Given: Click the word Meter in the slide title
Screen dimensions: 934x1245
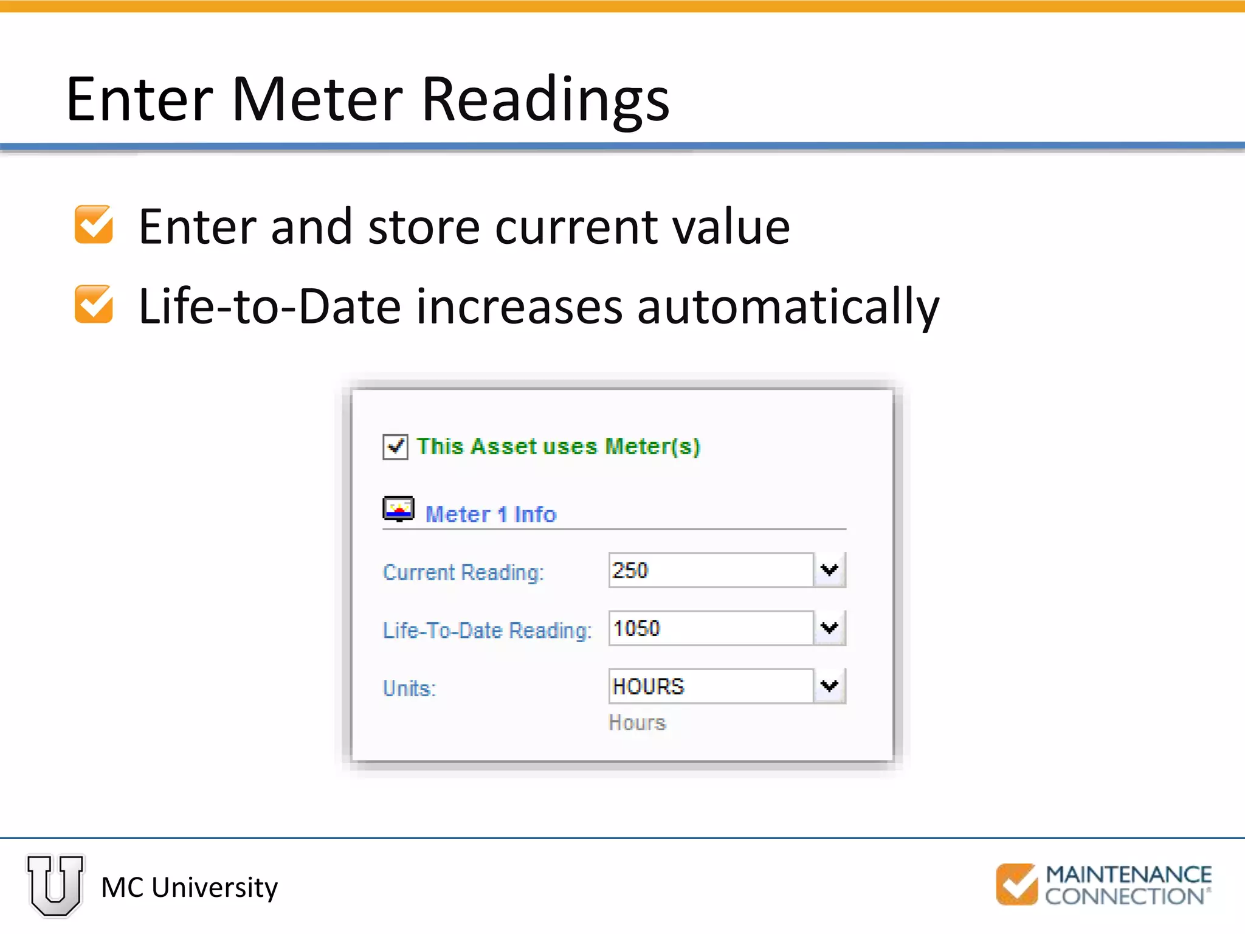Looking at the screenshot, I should pyautogui.click(x=317, y=99).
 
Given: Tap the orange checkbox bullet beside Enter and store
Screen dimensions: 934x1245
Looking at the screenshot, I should pyautogui.click(x=94, y=225).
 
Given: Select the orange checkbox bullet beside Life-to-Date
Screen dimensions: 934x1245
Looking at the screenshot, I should pyautogui.click(x=94, y=304).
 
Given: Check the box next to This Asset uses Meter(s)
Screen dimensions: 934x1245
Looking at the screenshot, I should pyautogui.click(x=395, y=447).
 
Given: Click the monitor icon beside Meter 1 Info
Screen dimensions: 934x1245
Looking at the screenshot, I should pyautogui.click(x=398, y=510).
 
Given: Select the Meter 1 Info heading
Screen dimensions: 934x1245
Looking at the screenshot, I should pyautogui.click(x=491, y=514).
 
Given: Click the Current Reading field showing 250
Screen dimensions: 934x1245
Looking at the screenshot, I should pyautogui.click(x=710, y=570).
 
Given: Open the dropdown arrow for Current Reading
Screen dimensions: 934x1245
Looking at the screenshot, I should pyautogui.click(x=829, y=570).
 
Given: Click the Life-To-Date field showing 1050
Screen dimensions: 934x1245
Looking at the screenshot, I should pyautogui.click(x=710, y=628).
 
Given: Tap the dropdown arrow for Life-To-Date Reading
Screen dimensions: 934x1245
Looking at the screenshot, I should pyautogui.click(x=829, y=628).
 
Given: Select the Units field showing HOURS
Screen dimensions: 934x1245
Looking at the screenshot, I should pyautogui.click(x=710, y=687).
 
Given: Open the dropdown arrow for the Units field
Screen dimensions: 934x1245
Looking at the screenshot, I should pyautogui.click(x=829, y=687).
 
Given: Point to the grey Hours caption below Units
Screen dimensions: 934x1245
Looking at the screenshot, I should pyautogui.click(x=637, y=722).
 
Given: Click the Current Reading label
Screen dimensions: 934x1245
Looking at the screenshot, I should pyautogui.click(x=463, y=572).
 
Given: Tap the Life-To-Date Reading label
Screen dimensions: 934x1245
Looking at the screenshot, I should pyautogui.click(x=487, y=631).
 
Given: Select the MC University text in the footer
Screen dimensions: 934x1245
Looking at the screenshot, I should pyautogui.click(x=189, y=888).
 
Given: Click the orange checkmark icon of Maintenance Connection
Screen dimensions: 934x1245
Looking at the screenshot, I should pyautogui.click(x=1016, y=884).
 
